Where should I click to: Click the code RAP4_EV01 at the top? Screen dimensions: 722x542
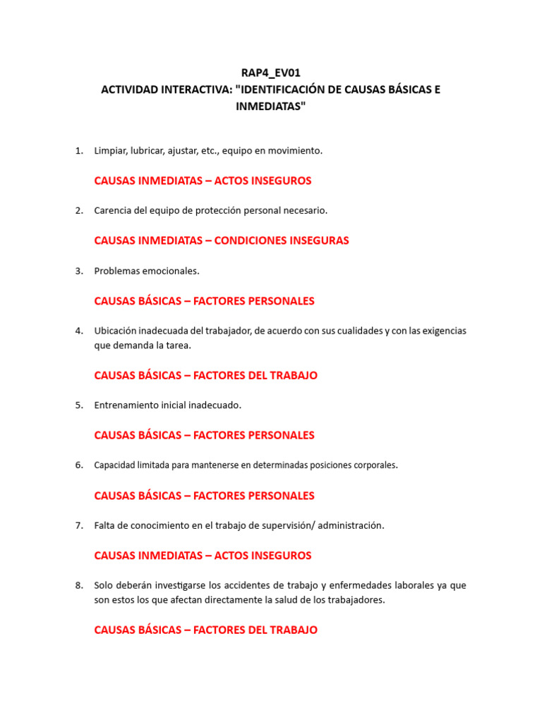point(271,72)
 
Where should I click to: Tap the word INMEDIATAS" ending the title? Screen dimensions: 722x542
point(271,106)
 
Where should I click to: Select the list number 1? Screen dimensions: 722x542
point(79,150)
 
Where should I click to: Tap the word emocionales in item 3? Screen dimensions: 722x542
point(171,271)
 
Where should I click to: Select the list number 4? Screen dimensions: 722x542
point(79,331)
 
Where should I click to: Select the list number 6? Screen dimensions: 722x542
point(79,465)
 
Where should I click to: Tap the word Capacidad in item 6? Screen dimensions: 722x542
point(113,465)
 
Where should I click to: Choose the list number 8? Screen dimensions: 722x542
point(79,585)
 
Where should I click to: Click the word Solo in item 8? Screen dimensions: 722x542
point(104,585)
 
